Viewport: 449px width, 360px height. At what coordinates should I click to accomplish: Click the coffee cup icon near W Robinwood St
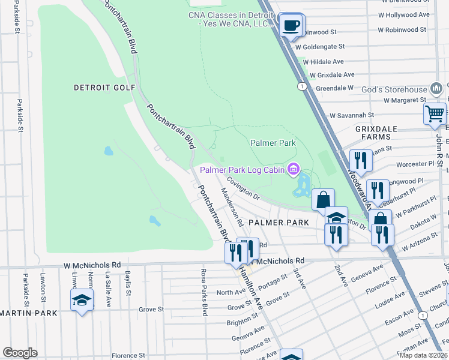[x=292, y=25]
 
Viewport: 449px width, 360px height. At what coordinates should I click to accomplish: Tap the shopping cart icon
[x=434, y=113]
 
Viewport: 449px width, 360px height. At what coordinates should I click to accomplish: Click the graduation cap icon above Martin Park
[x=82, y=300]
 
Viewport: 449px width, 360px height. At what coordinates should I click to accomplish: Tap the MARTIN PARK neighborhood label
[x=29, y=313]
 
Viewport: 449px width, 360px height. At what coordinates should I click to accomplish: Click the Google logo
[x=20, y=353]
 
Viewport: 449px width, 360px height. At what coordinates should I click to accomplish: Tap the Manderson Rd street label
[x=232, y=206]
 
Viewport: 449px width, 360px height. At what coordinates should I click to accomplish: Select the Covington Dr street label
[x=243, y=187]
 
